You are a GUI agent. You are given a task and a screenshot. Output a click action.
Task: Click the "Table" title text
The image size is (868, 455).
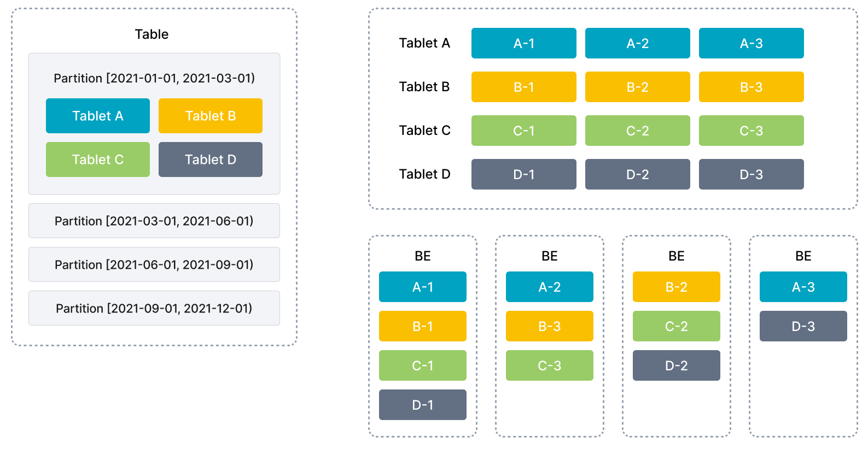click(x=152, y=34)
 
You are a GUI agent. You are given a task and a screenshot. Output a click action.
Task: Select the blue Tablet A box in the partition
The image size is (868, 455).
click(x=98, y=116)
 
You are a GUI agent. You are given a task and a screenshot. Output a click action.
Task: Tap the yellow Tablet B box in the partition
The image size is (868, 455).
click(x=211, y=116)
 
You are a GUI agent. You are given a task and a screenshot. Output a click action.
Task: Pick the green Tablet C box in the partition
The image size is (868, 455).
click(x=98, y=159)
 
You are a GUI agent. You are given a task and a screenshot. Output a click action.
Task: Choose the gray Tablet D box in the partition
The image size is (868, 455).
click(x=211, y=159)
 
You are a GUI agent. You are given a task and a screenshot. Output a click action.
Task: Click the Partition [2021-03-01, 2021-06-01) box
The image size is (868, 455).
click(x=154, y=221)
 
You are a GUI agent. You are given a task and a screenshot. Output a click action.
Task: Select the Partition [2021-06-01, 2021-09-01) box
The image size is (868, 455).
click(x=154, y=264)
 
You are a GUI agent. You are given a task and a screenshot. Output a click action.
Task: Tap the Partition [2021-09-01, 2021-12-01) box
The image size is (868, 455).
click(x=154, y=308)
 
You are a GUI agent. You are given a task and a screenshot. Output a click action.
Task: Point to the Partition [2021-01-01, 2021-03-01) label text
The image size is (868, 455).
click(x=154, y=78)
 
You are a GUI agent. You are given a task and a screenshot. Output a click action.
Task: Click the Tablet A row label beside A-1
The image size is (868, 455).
click(x=424, y=43)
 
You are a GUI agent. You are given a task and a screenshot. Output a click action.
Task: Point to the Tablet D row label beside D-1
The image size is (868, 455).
click(x=424, y=174)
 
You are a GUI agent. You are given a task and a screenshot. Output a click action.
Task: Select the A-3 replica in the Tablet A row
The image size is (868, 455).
click(x=752, y=43)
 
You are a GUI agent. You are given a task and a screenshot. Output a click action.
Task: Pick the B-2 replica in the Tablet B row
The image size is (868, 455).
click(x=637, y=87)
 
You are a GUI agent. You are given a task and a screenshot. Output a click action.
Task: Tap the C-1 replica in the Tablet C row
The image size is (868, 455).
click(x=524, y=131)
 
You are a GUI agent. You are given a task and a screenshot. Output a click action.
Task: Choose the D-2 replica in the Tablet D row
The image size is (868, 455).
click(x=637, y=174)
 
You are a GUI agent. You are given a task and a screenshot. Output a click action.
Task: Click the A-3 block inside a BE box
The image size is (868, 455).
click(x=803, y=287)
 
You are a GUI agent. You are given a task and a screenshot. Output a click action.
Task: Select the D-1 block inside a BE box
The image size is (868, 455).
click(x=423, y=405)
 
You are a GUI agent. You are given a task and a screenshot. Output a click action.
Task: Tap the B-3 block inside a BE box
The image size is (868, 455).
click(x=550, y=326)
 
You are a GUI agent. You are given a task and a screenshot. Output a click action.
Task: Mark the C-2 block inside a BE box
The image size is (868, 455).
click(x=677, y=326)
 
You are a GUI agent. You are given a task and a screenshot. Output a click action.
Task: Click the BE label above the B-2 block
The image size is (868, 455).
click(x=677, y=256)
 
